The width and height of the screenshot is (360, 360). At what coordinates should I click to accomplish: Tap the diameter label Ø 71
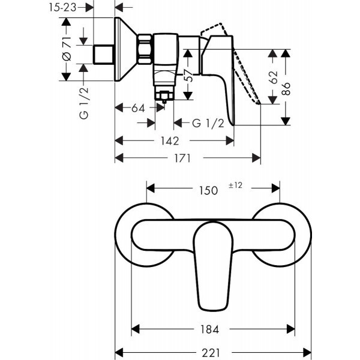(x=67, y=50)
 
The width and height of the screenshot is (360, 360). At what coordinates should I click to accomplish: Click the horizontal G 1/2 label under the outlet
(x=208, y=124)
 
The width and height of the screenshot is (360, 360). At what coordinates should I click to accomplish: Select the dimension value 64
(x=138, y=109)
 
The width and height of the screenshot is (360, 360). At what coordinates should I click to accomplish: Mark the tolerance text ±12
(x=235, y=186)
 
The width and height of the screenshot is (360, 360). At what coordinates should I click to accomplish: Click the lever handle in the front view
(x=212, y=264)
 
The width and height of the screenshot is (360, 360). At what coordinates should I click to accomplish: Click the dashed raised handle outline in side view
(x=240, y=60)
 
